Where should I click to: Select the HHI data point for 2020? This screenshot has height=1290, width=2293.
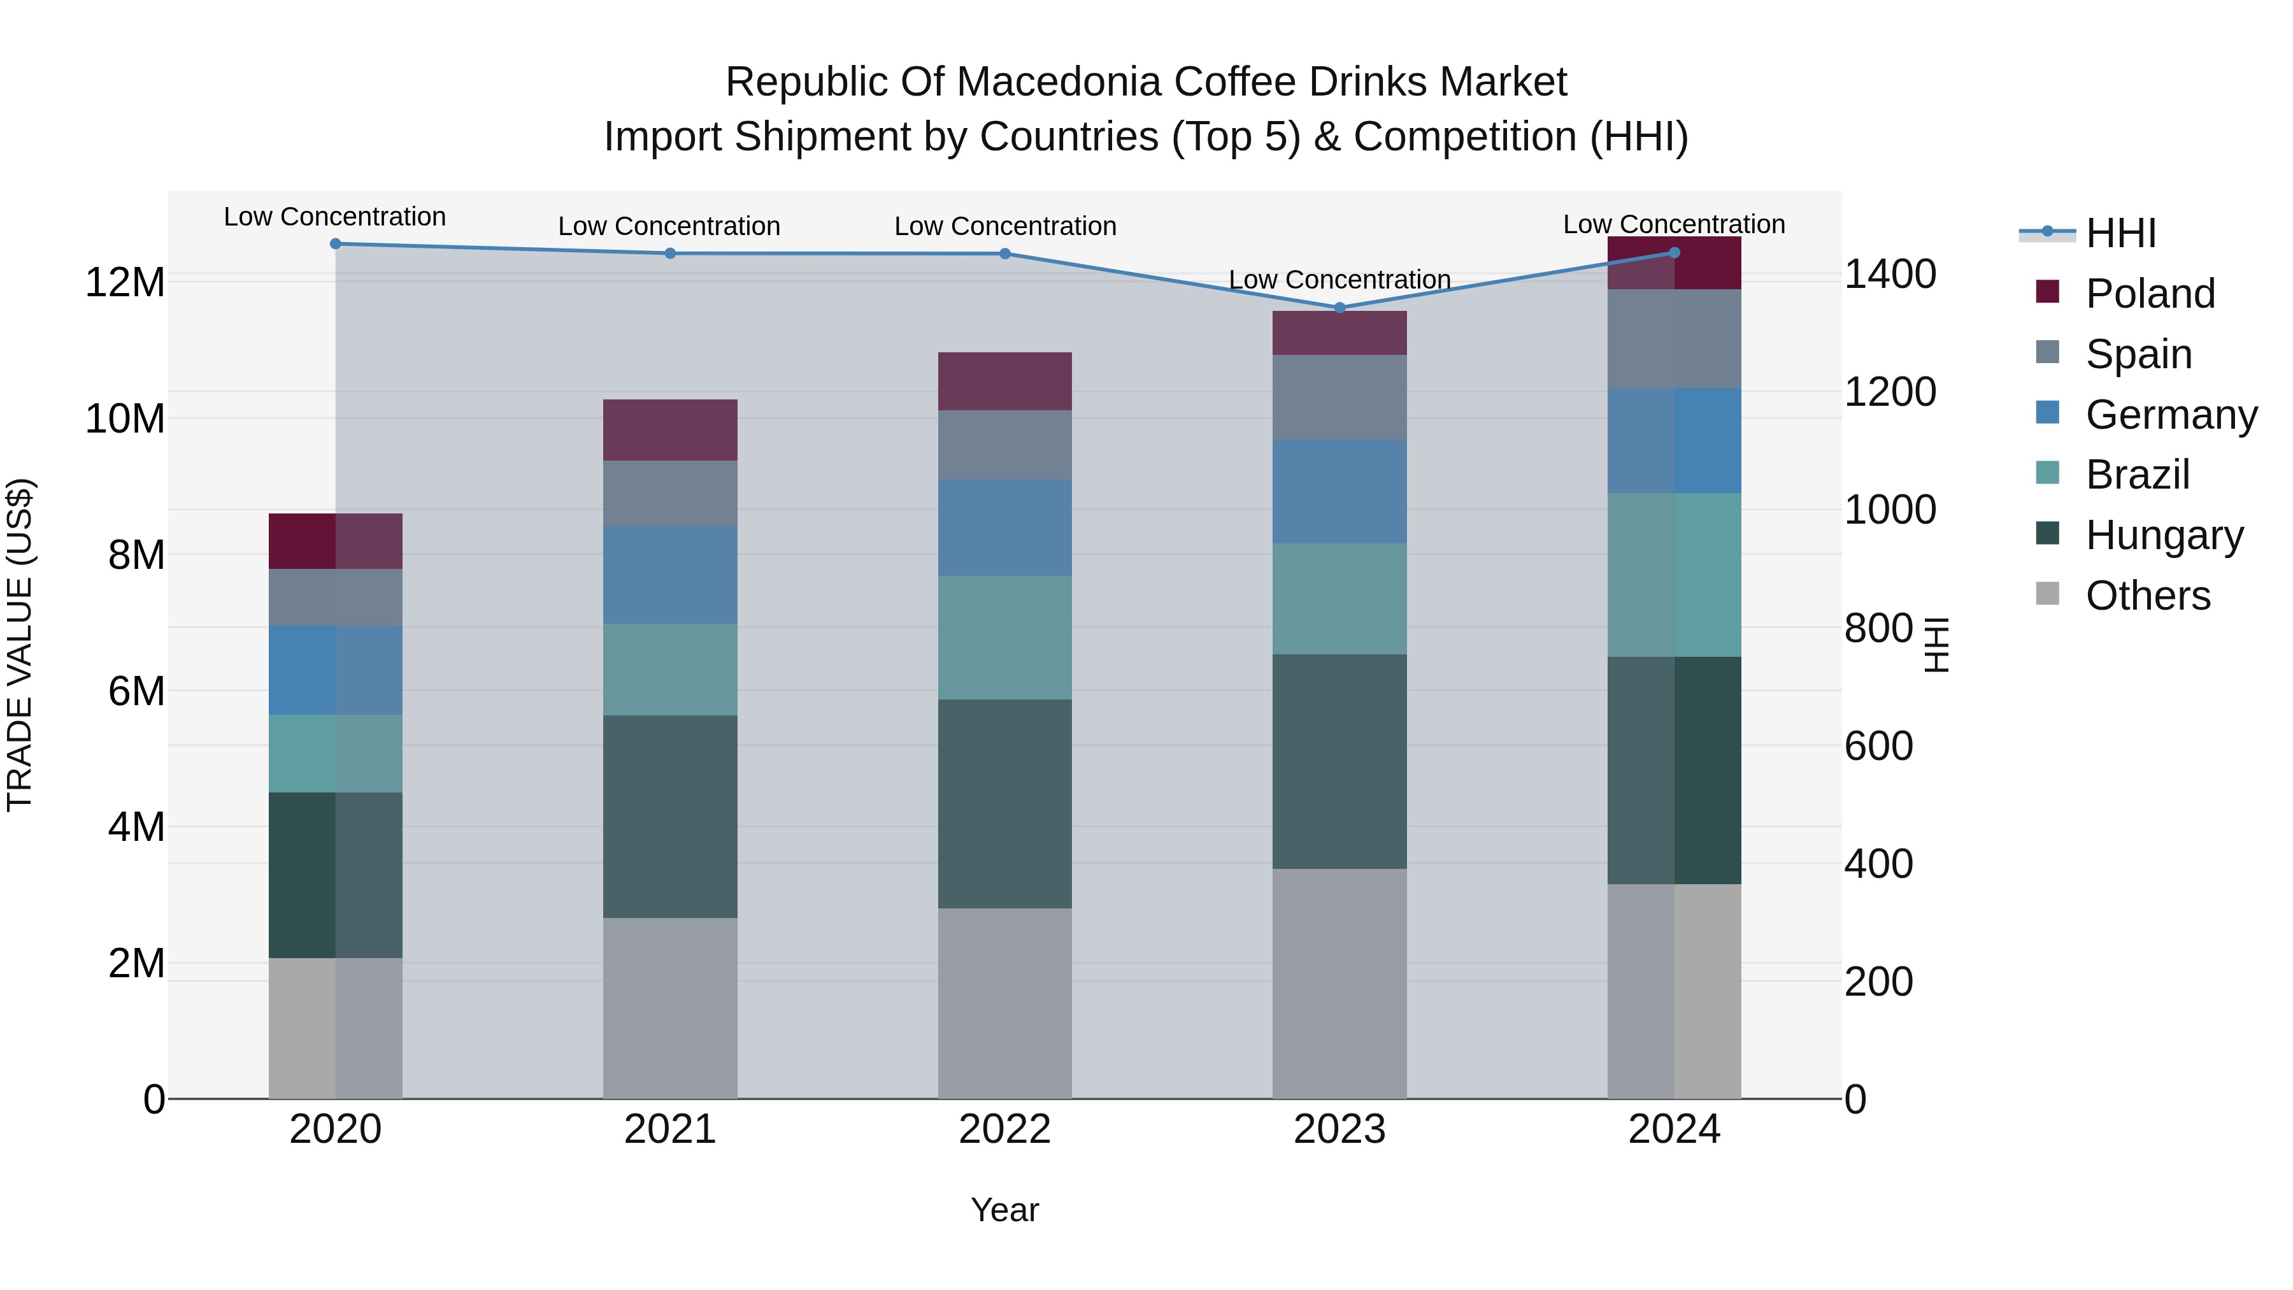[x=336, y=244]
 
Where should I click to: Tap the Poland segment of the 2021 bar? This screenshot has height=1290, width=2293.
[x=670, y=430]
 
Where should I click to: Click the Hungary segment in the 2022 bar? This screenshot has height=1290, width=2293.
[x=1005, y=804]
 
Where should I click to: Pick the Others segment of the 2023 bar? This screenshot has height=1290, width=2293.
[x=1339, y=984]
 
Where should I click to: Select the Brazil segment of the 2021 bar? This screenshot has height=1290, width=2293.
[x=670, y=670]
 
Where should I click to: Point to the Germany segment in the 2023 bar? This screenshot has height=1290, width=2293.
[x=1339, y=491]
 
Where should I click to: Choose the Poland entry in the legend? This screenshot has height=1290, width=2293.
[x=2150, y=294]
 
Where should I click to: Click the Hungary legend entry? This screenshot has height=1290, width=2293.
[x=2164, y=535]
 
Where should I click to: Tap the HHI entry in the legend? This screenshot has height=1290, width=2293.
[x=2120, y=233]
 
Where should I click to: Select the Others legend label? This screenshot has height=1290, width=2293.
[x=2148, y=596]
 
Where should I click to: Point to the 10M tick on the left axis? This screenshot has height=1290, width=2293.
[x=125, y=419]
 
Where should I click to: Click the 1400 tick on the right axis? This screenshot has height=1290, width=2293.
[x=1890, y=274]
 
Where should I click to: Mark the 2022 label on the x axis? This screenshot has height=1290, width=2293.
[x=1005, y=1129]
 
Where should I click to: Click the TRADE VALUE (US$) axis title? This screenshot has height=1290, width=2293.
[x=20, y=645]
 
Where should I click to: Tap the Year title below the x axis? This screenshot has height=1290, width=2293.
[x=1005, y=1210]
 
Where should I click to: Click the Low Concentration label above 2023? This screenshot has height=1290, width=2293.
[x=1339, y=280]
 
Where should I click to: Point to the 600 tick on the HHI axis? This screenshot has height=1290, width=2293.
[x=1878, y=746]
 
